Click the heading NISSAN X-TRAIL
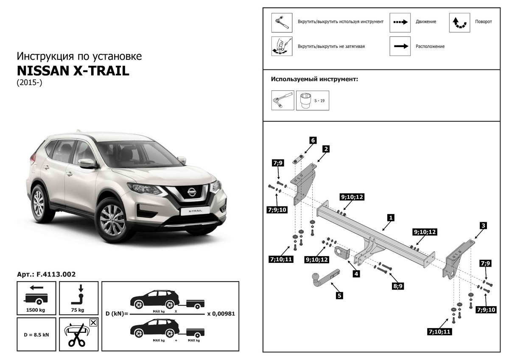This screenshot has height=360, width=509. coord(73,70)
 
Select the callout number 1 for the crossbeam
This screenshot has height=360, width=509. coord(391,218)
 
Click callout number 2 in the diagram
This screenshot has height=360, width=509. coord(326,149)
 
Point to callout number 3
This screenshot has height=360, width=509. coord(483,225)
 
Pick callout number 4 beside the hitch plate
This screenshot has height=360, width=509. coord(312,140)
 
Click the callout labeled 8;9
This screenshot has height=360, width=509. coord(397,286)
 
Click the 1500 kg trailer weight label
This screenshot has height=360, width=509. coord(36,310)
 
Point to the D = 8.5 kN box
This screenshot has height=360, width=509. coord(36,335)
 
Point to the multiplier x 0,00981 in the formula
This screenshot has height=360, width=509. coord(221,314)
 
